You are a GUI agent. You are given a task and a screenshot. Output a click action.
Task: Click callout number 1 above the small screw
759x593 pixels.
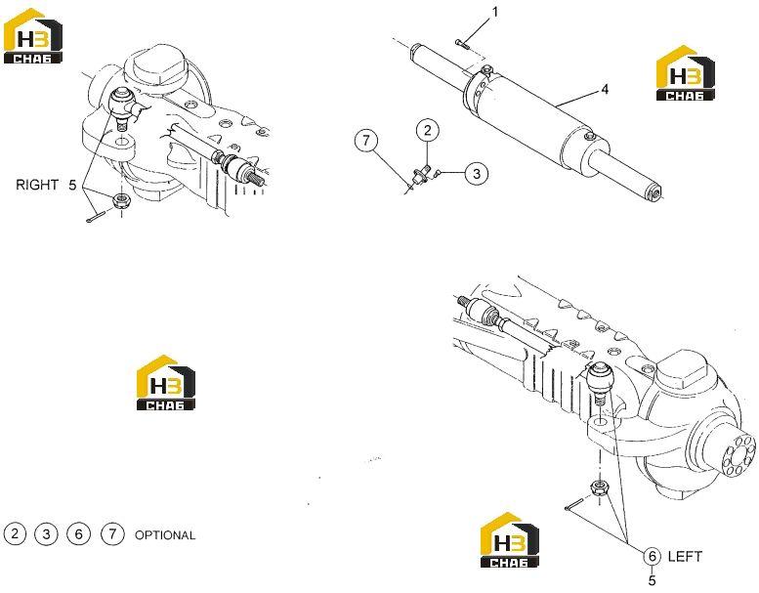click(x=494, y=12)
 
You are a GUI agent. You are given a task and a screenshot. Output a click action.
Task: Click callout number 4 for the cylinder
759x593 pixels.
click(x=605, y=90)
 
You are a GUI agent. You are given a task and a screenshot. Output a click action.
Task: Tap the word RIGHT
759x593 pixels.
click(x=37, y=185)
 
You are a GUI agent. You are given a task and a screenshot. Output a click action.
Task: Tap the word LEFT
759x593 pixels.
click(x=685, y=556)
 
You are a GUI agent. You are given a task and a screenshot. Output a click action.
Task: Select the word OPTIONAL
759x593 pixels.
click(x=165, y=535)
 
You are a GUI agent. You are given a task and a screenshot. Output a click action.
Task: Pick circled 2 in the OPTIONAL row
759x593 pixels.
click(x=15, y=533)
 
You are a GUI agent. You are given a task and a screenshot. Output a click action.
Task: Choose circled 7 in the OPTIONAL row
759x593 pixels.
click(x=112, y=533)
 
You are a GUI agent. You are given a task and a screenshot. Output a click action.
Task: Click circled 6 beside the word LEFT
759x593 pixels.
click(x=652, y=556)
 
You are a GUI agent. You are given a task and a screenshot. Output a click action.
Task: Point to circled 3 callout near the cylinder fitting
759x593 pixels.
click(x=477, y=173)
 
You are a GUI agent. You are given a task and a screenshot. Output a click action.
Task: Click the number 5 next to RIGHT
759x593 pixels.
click(x=72, y=185)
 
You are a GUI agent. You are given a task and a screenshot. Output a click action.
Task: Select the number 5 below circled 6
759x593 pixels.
click(x=652, y=579)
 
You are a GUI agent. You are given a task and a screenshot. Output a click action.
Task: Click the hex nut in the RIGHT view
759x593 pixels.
click(x=119, y=200)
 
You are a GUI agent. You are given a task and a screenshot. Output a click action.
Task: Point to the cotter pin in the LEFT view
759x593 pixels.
click(x=575, y=503)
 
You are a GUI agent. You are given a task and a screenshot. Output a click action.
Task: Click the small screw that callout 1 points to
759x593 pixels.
click(x=462, y=44)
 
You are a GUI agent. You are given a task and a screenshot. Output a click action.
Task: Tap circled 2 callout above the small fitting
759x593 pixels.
click(x=428, y=130)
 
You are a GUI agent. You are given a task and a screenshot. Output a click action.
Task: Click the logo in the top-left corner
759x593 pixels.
click(x=33, y=36)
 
